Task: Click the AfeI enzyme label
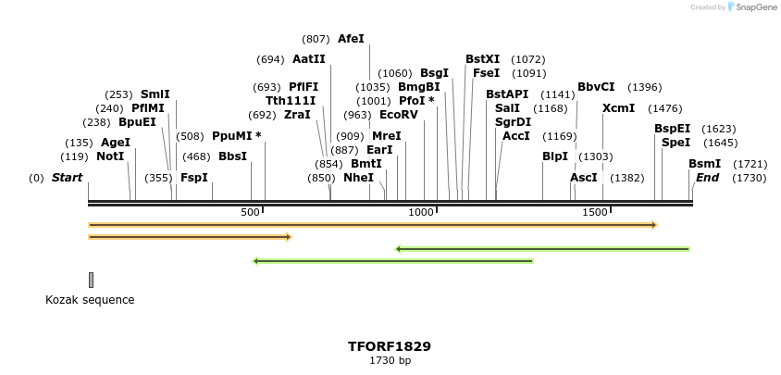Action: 351,39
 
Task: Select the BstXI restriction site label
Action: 482,59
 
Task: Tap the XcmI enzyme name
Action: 618,108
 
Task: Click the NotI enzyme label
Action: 110,156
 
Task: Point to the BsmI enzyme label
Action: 704,164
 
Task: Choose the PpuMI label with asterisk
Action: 236,136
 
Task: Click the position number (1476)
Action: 664,108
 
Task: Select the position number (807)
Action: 316,39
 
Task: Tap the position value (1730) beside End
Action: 749,178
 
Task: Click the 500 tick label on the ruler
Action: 251,213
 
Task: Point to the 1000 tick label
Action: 422,213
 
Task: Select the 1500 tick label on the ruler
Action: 594,213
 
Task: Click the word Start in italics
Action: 67,178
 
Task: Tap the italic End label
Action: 707,178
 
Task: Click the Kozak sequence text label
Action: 90,300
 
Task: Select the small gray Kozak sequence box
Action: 91,280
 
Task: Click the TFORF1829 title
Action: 390,346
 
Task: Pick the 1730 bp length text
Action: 390,361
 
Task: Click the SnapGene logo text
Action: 757,7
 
